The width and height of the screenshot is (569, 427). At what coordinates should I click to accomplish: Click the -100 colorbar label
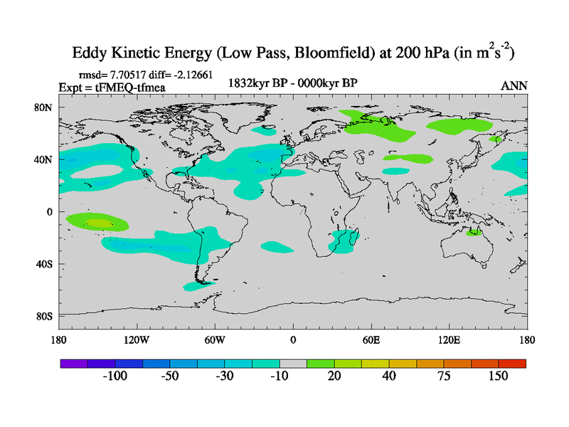click(x=115, y=376)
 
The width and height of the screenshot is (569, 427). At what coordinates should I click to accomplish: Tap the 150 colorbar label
click(x=498, y=376)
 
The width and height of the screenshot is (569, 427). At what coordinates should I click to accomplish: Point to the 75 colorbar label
click(x=444, y=376)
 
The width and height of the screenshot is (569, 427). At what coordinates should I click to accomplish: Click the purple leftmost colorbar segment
click(x=74, y=363)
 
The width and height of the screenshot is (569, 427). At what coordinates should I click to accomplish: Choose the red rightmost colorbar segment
click(x=512, y=363)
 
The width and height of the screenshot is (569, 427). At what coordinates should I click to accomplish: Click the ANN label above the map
click(x=514, y=85)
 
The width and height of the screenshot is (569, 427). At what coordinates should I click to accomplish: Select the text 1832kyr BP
click(x=257, y=83)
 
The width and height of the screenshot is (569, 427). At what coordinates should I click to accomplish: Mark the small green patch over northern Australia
click(x=473, y=233)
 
